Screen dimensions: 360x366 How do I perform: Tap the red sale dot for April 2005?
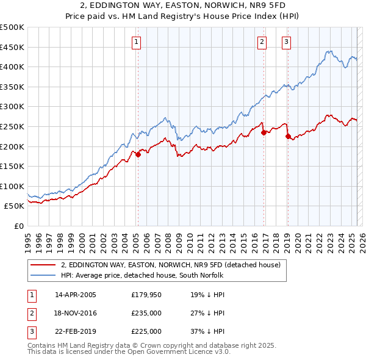pos(138,154)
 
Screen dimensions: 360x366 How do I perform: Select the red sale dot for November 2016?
pos(264,132)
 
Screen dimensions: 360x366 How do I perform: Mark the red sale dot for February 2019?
pos(288,137)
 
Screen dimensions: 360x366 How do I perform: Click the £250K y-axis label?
pos(12,126)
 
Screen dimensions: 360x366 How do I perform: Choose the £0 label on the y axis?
pos(20,226)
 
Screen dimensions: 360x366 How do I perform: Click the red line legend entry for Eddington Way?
pos(170,264)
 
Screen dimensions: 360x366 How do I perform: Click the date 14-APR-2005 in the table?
pos(76,295)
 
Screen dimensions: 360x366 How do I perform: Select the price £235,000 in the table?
pos(146,313)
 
